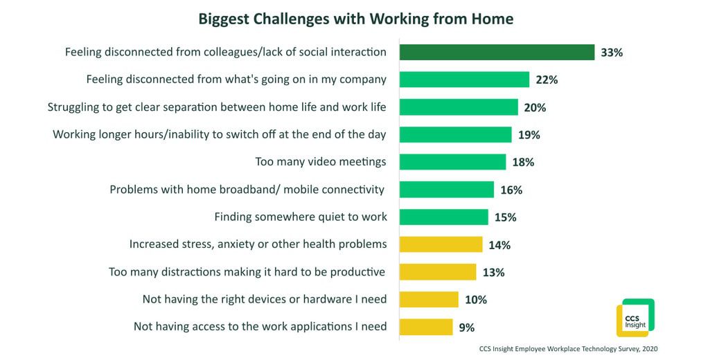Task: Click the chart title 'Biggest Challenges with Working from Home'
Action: pos(355,19)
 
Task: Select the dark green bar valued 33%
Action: pos(497,52)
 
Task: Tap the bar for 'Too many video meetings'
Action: pos(452,162)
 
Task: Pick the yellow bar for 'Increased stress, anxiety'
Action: pos(441,244)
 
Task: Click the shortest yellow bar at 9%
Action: pos(426,327)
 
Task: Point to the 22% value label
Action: pos(547,80)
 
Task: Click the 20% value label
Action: pos(535,107)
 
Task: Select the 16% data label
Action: pos(511,190)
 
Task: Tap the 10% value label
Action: pos(476,300)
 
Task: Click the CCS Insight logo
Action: pos(635,318)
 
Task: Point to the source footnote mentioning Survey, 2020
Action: pos(567,349)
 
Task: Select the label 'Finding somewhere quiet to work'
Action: pos(301,217)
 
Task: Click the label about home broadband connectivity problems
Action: pos(247,190)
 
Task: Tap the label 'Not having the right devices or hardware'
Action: pos(265,299)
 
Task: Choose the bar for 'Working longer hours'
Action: pos(455,134)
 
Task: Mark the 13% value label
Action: pos(493,272)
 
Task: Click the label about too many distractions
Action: pos(247,272)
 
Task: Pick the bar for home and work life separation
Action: pos(459,107)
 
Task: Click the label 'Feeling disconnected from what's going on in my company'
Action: pos(236,80)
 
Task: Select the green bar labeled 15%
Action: pos(443,217)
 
